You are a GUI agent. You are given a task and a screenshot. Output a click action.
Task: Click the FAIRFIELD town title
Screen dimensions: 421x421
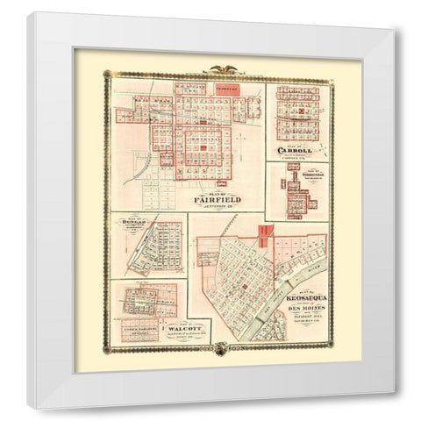(225, 200)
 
